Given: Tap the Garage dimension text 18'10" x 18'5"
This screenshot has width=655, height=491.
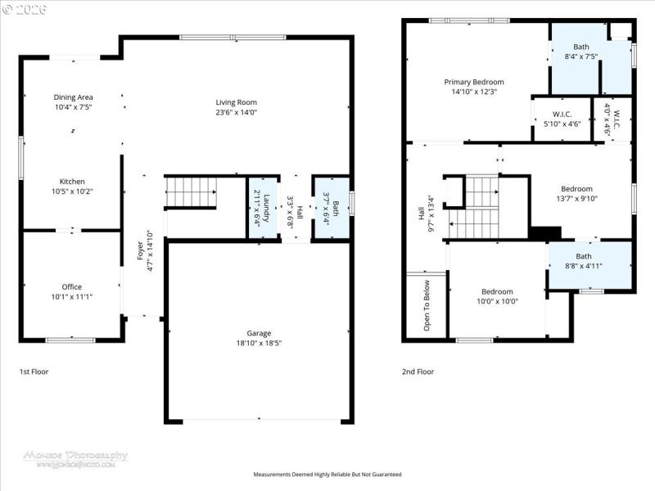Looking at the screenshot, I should coord(259,344).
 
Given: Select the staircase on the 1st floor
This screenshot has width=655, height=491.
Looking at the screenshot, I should coord(191,192).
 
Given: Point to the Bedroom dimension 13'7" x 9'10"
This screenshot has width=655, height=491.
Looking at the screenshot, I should coord(576,197).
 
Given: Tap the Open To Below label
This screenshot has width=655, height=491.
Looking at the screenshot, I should coord(427,306).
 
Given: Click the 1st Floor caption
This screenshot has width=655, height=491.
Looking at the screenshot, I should coord(34,372).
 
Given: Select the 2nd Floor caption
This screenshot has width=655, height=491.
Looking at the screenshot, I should coord(418,372).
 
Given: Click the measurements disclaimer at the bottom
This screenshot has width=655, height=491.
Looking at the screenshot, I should coord(327,475).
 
